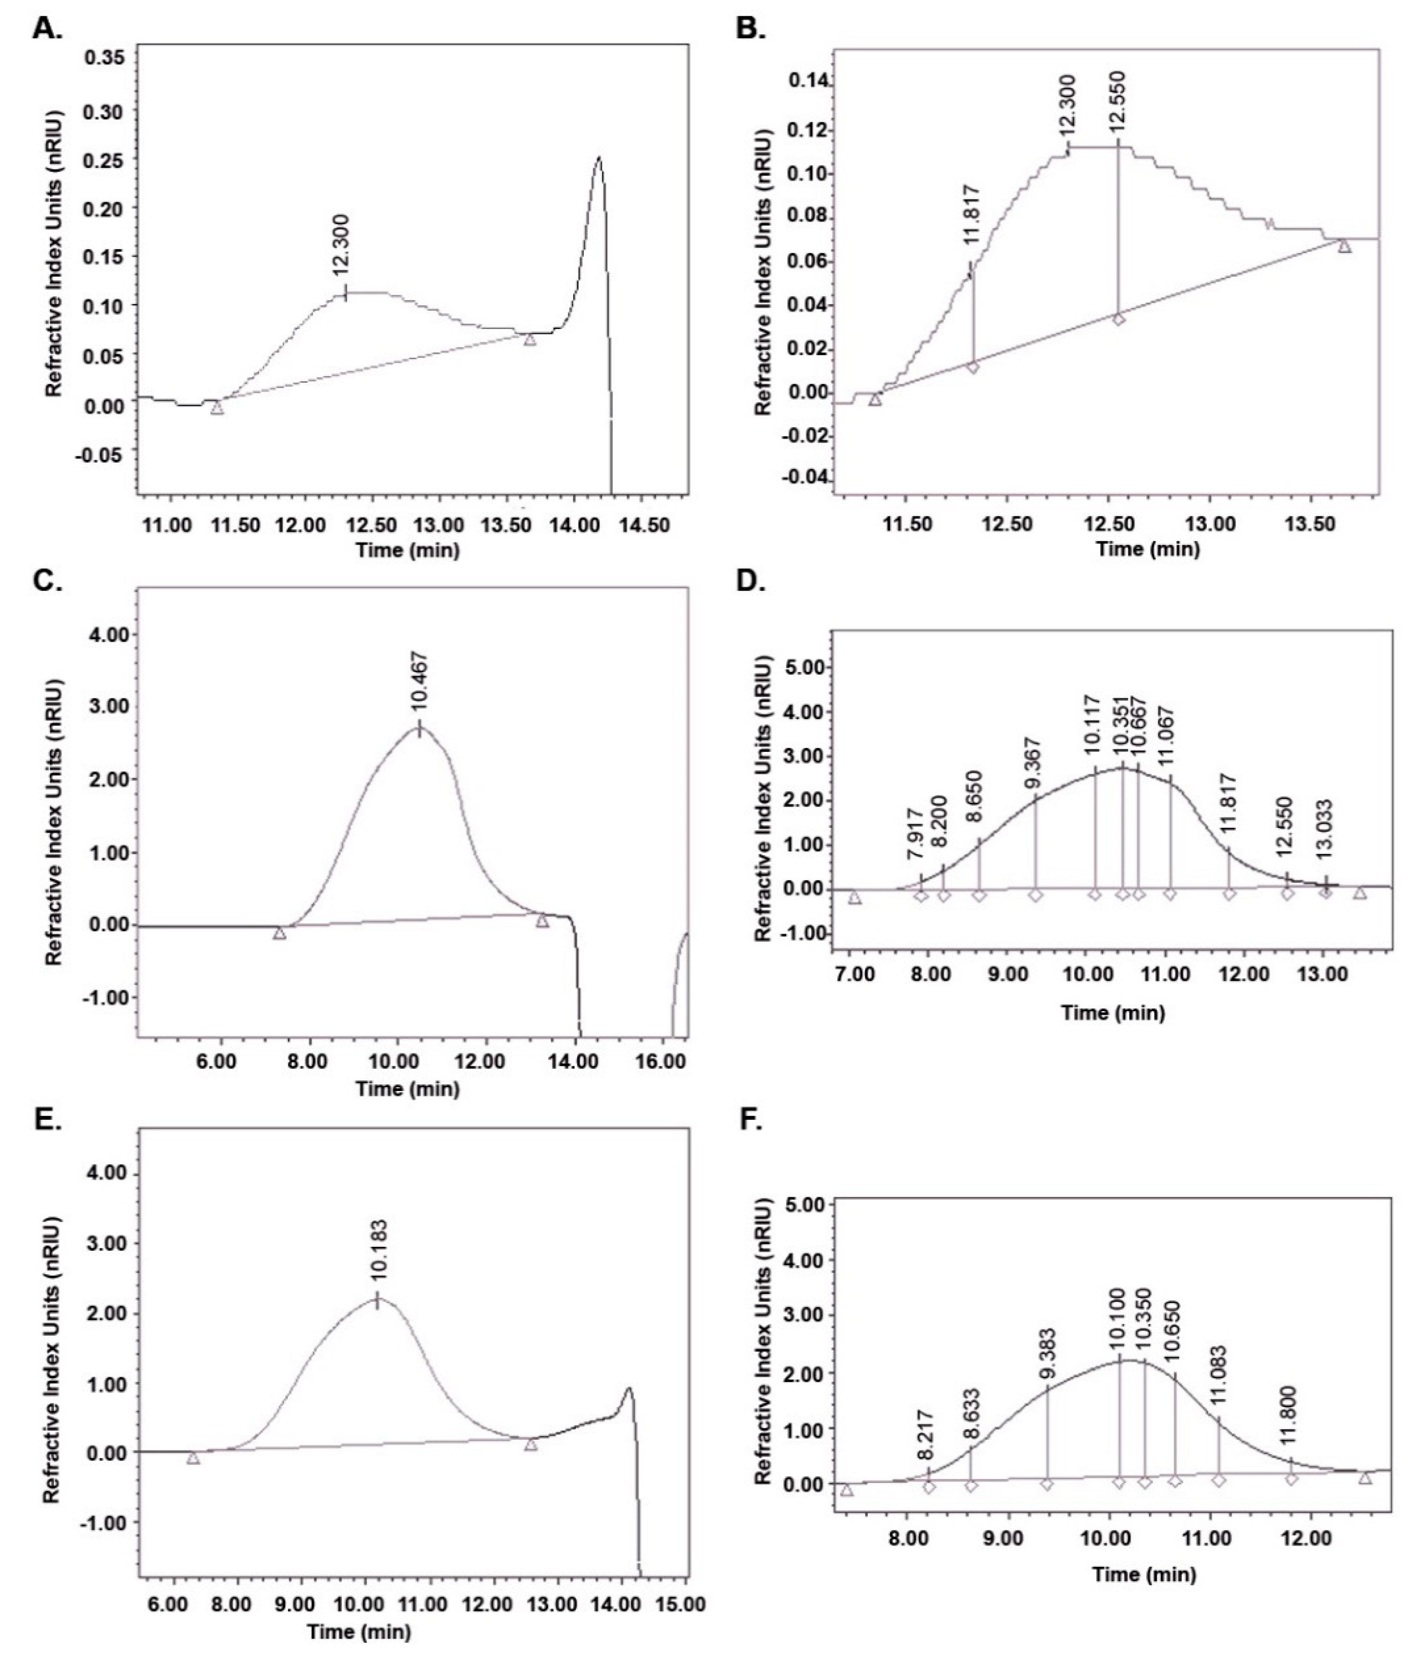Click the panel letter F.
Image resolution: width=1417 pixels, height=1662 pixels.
coord(750,1119)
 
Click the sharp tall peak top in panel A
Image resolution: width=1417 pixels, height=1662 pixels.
coord(598,157)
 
